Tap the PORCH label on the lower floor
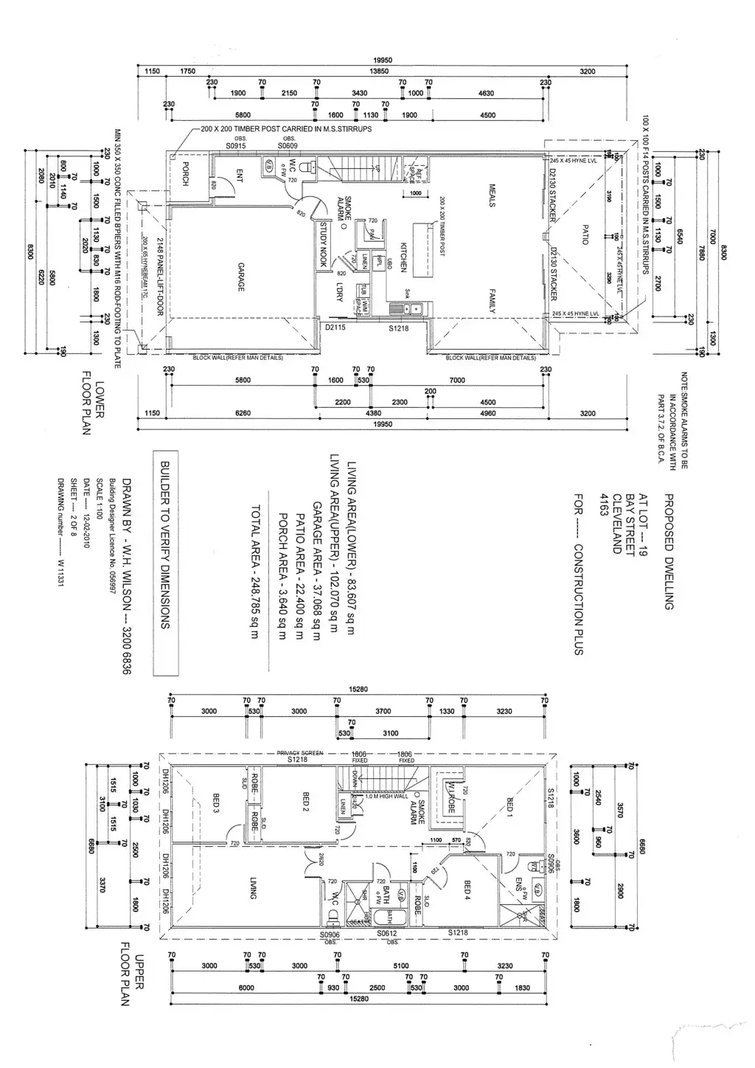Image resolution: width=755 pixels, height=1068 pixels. point(186,173)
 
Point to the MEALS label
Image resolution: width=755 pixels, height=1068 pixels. point(492,195)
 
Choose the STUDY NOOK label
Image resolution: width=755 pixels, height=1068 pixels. point(323,246)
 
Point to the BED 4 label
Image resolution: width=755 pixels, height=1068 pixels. point(467,891)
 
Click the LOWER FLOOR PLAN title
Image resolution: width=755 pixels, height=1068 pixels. point(93,403)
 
